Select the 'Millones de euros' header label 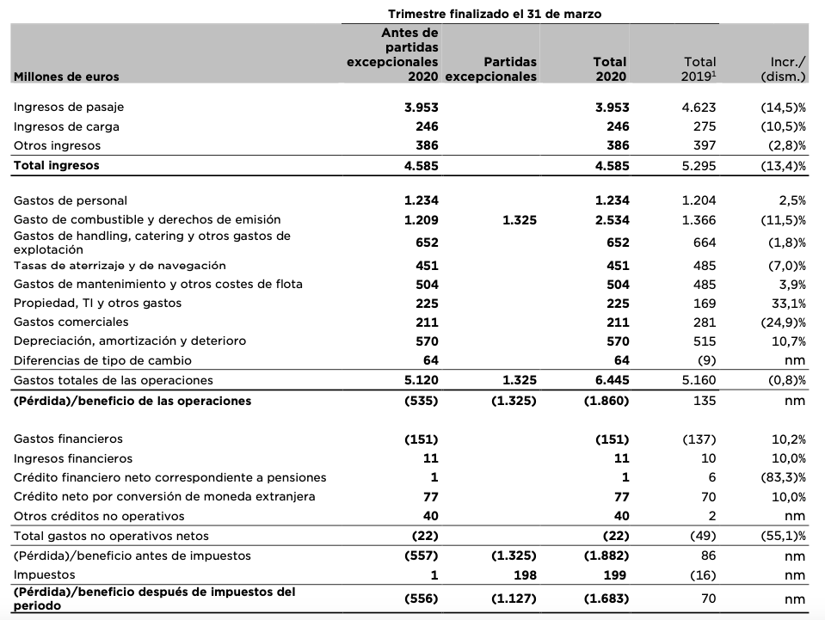[66, 77]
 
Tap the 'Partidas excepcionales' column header [490, 69]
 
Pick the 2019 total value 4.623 [699, 107]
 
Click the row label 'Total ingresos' [56, 165]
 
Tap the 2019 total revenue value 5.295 [699, 165]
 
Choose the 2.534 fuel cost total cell [612, 219]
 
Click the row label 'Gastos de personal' [71, 200]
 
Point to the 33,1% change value [788, 303]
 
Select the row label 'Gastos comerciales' [71, 322]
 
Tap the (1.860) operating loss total [607, 401]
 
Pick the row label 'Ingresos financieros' [73, 458]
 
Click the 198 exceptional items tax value [525, 574]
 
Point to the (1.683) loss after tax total [607, 598]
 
